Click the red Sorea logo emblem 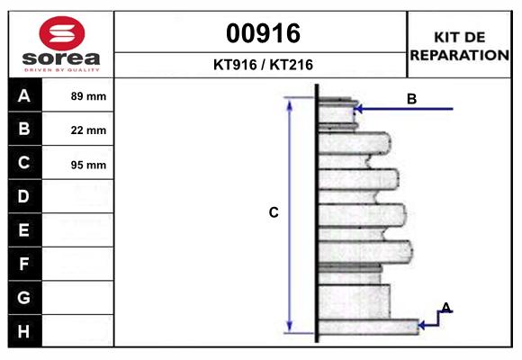pos(62,33)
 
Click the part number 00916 pos(263,33)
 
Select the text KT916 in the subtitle pos(235,65)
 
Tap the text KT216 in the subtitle pos(292,65)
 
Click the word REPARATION pos(459,55)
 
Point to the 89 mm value pos(88,96)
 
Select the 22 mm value pos(88,130)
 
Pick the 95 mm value pos(88,165)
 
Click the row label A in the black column pos(24,96)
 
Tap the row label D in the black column pos(23,196)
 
